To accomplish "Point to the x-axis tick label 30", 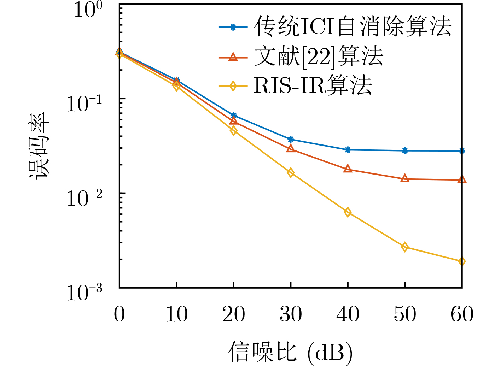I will click(x=291, y=314).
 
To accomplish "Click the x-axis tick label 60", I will click(x=462, y=314).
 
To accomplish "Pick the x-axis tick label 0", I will click(x=120, y=314).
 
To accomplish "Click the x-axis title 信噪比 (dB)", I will click(x=291, y=352).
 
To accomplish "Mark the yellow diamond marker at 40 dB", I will click(x=348, y=212).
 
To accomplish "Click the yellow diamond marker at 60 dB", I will click(x=462, y=261).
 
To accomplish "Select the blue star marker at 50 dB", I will click(x=405, y=151).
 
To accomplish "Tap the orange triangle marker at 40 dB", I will click(x=348, y=169).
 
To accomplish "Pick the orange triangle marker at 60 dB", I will click(x=462, y=179).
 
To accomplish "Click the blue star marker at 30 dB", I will click(x=291, y=139).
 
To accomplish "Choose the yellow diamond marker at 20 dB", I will click(x=233, y=131).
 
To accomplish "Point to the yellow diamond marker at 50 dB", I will click(x=405, y=247).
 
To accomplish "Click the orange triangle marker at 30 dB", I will click(x=291, y=149).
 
